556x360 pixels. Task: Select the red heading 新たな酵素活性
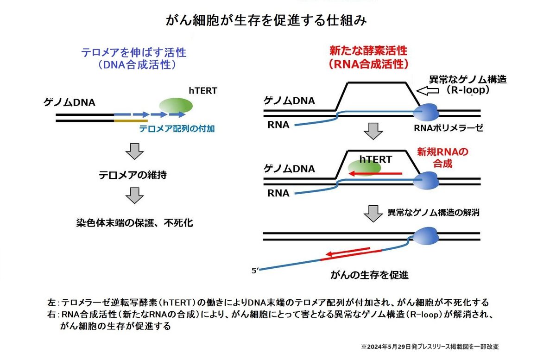pos(368,51)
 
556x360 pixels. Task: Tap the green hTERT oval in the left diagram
pos(176,106)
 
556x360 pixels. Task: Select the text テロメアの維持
pos(133,176)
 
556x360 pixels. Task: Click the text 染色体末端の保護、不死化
pos(134,223)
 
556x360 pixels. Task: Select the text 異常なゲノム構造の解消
pos(433,213)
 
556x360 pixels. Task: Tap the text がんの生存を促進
pos(369,275)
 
